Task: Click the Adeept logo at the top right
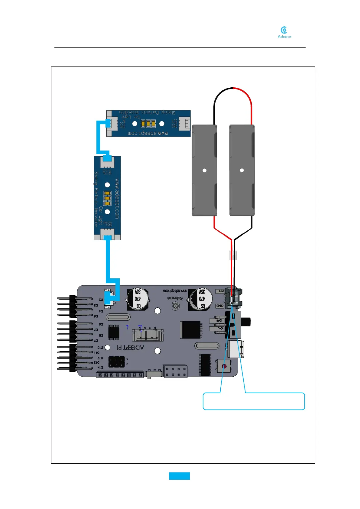point(284,32)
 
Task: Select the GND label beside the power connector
point(219,306)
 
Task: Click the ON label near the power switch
point(221,328)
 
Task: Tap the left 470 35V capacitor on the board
point(138,299)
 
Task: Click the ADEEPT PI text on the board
point(131,347)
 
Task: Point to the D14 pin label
point(100,368)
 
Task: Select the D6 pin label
point(100,324)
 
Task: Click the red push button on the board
point(224,366)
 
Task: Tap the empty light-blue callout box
point(254,401)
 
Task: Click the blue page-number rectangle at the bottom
point(179,476)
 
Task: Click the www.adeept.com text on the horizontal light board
point(148,133)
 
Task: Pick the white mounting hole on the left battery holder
point(204,170)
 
